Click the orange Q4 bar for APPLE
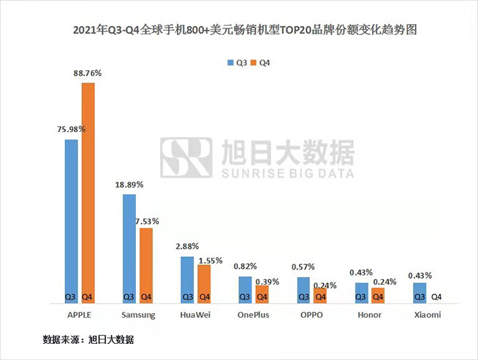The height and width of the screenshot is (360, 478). pyautogui.click(x=88, y=193)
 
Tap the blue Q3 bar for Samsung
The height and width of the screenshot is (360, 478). pyautogui.click(x=129, y=248)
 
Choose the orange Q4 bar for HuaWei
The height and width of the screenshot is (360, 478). pyautogui.click(x=204, y=283)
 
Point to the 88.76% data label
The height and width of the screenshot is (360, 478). pyautogui.click(x=88, y=73)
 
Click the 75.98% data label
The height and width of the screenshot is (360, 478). pyautogui.click(x=71, y=129)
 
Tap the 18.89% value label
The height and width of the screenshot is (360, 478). pyautogui.click(x=129, y=185)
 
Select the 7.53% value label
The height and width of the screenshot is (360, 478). pyautogui.click(x=147, y=220)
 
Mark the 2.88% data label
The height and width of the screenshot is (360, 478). pyautogui.click(x=187, y=246)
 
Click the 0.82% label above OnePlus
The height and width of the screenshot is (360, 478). pyautogui.click(x=245, y=267)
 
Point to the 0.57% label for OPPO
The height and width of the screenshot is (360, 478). pyautogui.click(x=303, y=267)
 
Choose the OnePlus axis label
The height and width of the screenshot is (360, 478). pyautogui.click(x=253, y=315)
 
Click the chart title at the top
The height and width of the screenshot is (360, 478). pyautogui.click(x=240, y=32)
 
